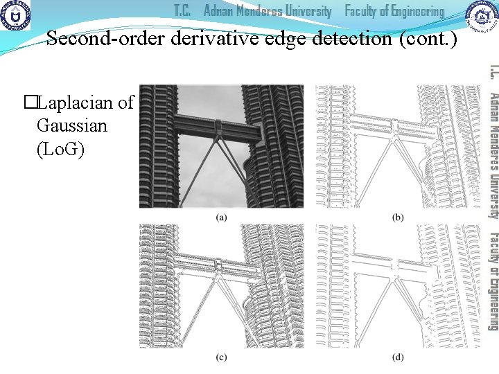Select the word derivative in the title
click(200, 39)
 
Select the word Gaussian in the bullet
click(72, 126)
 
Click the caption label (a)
click(221, 217)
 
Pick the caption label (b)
click(399, 217)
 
